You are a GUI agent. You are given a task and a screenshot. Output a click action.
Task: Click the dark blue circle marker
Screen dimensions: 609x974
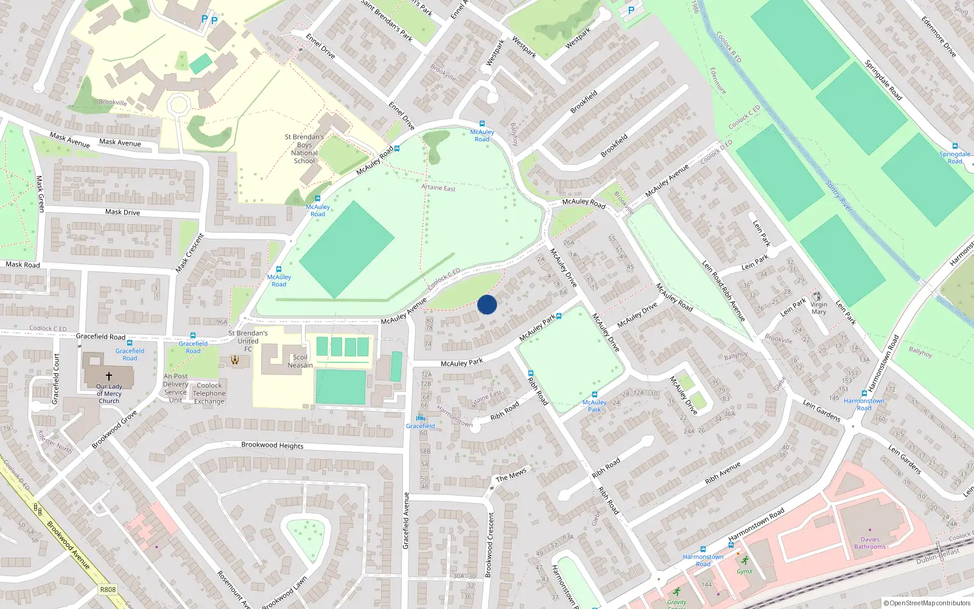point(487,304)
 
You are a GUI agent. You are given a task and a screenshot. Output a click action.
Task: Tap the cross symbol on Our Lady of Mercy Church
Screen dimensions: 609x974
point(109,376)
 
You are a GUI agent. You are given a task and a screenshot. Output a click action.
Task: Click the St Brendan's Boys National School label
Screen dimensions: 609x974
point(304,149)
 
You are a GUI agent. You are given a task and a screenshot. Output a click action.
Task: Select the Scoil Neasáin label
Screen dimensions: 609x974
point(300,361)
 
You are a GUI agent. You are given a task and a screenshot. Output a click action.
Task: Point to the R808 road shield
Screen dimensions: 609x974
point(108,590)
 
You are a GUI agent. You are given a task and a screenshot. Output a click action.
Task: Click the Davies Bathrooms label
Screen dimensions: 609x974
point(870,543)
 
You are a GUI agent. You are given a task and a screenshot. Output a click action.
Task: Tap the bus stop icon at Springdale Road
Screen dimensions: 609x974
point(955,146)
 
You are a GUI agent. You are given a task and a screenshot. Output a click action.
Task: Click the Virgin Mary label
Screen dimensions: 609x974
point(819,308)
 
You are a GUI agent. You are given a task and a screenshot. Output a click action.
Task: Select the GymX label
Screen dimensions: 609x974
point(745,571)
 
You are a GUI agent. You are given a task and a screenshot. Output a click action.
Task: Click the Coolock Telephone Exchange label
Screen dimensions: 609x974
point(209,393)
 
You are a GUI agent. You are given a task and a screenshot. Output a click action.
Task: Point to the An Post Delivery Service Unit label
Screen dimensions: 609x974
point(175,388)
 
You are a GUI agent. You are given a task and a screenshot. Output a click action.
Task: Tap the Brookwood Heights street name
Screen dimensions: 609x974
point(272,445)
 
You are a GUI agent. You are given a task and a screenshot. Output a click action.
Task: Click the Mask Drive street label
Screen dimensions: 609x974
point(122,212)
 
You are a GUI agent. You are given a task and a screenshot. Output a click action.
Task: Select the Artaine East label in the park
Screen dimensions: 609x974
point(438,188)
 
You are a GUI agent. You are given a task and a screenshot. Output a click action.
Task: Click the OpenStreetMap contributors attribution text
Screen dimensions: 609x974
point(927,603)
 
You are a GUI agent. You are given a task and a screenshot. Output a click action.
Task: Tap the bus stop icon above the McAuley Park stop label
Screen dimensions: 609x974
point(594,395)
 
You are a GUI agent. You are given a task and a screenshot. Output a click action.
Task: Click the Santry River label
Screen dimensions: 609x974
point(838,196)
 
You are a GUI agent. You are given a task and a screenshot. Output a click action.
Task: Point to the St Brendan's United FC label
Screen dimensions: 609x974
point(248,341)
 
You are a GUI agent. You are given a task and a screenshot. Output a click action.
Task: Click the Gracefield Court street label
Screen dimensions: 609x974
point(56,379)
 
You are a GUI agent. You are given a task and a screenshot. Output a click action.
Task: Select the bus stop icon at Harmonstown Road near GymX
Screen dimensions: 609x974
point(731,545)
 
